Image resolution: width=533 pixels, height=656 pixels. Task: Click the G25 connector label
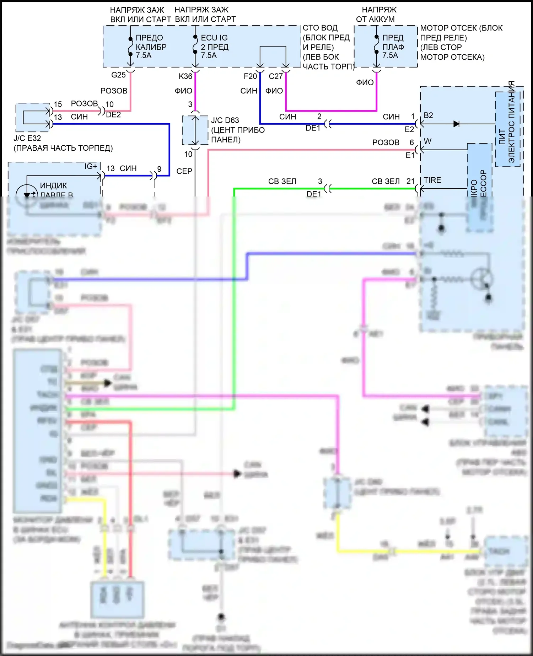[x=118, y=75]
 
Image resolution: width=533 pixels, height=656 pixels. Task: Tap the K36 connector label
[x=185, y=76]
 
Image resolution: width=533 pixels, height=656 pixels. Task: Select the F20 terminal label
[x=250, y=76]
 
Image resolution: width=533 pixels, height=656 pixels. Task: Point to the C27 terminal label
[x=276, y=76]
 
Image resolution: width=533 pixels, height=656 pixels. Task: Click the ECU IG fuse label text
[x=214, y=38]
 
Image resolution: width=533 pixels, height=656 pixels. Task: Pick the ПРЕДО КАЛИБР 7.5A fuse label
[x=151, y=47]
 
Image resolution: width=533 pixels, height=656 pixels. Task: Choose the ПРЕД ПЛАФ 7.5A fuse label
[x=393, y=47]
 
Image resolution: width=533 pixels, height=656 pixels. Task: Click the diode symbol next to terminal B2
[x=456, y=124]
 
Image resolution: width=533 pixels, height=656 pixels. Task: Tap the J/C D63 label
[x=225, y=120]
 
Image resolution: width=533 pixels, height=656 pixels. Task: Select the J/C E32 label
[x=27, y=138]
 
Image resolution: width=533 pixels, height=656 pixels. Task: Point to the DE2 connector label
[x=113, y=115]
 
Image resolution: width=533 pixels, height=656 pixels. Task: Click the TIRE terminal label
[x=432, y=180]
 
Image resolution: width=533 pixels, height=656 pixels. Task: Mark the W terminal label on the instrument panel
[x=427, y=141]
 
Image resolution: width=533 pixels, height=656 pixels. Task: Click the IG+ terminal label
[x=91, y=166]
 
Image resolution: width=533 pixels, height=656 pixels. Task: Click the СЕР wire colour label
[x=184, y=171]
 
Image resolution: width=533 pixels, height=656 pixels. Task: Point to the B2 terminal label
[x=429, y=115]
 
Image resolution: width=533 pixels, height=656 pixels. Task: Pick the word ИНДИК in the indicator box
[x=54, y=185]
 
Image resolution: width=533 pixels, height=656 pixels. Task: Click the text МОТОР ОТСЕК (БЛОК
[x=461, y=28]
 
